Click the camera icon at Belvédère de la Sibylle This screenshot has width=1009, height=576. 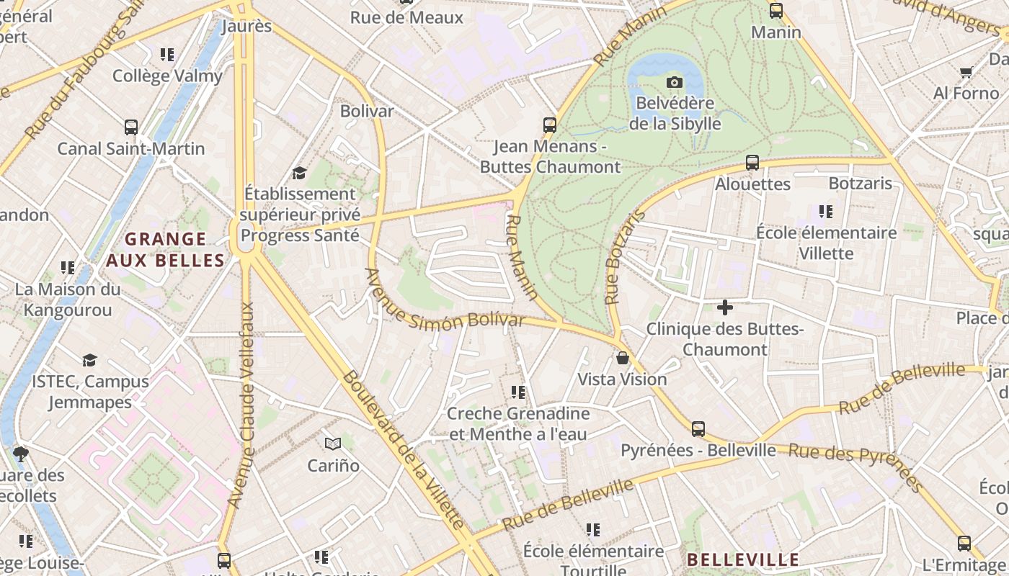[x=675, y=82]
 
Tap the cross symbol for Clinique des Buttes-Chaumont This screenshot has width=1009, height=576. [x=725, y=308]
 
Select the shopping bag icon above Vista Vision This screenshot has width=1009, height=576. [x=623, y=358]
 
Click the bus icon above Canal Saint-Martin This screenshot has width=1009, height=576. [x=131, y=127]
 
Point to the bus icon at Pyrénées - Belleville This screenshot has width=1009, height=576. [x=698, y=429]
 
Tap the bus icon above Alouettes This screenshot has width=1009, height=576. [x=752, y=163]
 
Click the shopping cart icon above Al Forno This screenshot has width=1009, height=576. [x=966, y=72]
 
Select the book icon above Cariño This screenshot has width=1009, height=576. [x=332, y=444]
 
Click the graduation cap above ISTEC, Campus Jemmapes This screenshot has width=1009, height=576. [x=89, y=360]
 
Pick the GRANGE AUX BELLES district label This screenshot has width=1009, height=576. [x=166, y=249]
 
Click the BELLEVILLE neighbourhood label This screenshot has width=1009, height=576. [x=743, y=559]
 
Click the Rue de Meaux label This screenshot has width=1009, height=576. [x=406, y=17]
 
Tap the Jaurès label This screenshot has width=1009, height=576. [x=246, y=27]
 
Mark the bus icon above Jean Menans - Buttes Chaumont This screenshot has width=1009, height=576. [x=550, y=125]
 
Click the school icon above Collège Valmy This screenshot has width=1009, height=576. [x=167, y=55]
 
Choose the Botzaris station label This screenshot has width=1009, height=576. [x=861, y=183]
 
